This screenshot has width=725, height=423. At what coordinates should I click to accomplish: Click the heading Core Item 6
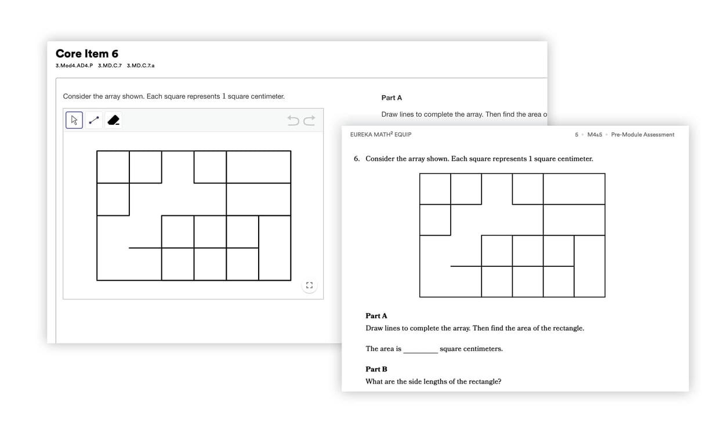click(87, 54)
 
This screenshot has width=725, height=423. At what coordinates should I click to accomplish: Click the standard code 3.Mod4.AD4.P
click(74, 66)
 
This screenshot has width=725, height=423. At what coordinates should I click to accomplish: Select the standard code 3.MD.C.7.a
click(140, 66)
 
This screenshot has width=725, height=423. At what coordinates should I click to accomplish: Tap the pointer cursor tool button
click(74, 120)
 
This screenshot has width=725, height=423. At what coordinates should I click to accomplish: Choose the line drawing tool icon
click(94, 120)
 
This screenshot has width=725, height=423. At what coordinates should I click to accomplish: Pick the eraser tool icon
click(114, 120)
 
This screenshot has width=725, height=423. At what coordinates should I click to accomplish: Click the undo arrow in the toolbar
click(293, 120)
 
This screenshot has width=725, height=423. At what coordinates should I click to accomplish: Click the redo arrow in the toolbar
click(309, 120)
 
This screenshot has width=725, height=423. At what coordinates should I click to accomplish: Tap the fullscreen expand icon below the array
click(309, 285)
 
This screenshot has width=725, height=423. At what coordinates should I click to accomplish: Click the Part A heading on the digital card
click(391, 97)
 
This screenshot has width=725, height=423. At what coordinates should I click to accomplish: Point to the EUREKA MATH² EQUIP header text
click(380, 135)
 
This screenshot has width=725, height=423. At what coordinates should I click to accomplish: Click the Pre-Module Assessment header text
click(643, 135)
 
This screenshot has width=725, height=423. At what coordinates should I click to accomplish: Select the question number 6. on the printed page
click(357, 158)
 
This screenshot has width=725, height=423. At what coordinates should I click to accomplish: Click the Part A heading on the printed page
click(376, 316)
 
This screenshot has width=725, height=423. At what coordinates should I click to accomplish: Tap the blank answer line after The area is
click(420, 349)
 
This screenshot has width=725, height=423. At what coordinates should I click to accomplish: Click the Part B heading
click(376, 369)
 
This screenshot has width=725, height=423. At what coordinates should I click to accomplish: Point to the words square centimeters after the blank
click(471, 349)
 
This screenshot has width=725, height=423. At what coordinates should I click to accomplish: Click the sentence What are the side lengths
click(433, 381)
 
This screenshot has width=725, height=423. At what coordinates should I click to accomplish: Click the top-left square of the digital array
click(113, 167)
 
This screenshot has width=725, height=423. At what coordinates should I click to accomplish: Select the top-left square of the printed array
click(435, 189)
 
